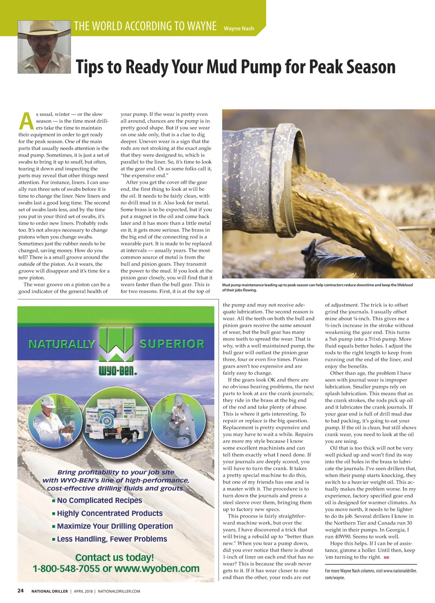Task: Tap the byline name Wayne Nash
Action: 239,29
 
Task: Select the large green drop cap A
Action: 26,121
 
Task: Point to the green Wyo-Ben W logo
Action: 117,344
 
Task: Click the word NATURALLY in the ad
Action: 62,344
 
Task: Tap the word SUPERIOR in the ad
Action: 172,344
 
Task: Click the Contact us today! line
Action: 115,557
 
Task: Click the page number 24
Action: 21,591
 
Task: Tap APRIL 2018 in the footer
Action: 83,591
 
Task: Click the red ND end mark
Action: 386,557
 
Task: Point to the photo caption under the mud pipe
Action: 317,287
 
